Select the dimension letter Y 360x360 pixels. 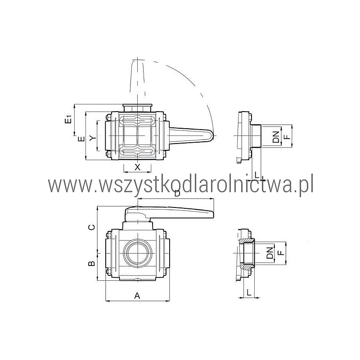click(x=92, y=138)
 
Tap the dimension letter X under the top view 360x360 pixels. click(x=137, y=167)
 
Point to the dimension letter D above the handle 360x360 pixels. click(x=177, y=194)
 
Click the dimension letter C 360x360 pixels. click(x=92, y=227)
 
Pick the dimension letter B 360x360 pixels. click(x=92, y=263)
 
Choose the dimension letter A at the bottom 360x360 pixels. click(x=137, y=296)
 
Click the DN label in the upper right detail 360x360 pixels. click(x=276, y=137)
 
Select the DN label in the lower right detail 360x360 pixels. click(x=270, y=253)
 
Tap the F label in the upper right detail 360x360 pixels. click(x=287, y=137)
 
